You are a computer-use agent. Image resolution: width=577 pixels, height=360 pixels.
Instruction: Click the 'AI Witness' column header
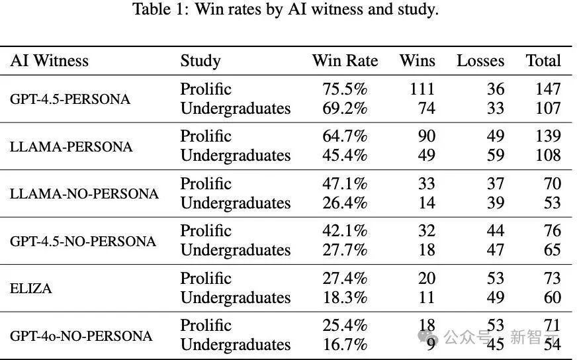click(50, 61)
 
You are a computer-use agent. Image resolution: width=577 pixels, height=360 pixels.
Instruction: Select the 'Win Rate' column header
click(345, 61)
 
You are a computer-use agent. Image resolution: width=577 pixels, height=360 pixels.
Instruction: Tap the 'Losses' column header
click(480, 61)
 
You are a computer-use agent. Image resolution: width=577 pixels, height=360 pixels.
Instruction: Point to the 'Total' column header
click(543, 61)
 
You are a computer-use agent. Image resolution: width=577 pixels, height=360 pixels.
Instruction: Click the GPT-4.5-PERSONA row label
click(70, 99)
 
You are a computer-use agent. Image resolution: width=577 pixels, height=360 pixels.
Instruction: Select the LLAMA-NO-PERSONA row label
click(84, 194)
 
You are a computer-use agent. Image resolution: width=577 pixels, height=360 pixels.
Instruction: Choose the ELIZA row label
click(31, 289)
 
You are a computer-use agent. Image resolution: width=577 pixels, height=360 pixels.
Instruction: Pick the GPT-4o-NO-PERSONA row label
click(81, 336)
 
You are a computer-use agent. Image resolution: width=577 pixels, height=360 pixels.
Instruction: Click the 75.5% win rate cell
click(345, 89)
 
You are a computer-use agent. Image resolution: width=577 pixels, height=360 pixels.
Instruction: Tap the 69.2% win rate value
click(345, 109)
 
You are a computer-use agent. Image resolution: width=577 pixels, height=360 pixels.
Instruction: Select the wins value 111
click(422, 89)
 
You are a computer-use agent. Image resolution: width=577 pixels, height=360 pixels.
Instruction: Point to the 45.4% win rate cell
click(345, 156)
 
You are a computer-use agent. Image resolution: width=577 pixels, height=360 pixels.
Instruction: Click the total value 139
click(548, 136)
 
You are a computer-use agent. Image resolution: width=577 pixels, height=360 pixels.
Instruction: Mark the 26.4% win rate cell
click(345, 202)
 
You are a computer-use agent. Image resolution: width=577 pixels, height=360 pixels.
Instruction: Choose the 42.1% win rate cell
click(345, 231)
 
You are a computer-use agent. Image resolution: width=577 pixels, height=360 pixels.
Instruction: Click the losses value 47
click(496, 250)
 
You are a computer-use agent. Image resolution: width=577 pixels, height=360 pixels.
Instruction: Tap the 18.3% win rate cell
click(345, 297)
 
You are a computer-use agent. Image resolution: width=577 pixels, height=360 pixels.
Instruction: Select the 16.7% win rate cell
click(345, 345)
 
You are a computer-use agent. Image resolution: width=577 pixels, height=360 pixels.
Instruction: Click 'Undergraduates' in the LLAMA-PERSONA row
click(236, 156)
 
